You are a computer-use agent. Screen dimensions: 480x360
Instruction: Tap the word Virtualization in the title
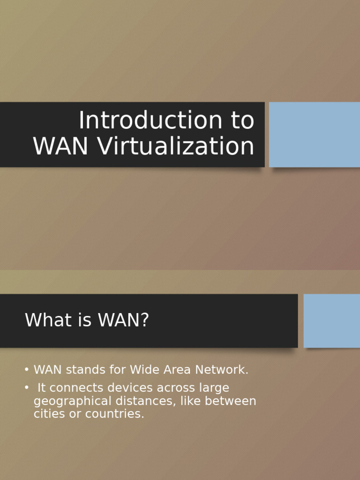coord(176,146)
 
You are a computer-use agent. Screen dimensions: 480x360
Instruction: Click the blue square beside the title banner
coord(314,135)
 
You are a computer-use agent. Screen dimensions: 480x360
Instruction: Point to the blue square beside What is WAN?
coord(331,321)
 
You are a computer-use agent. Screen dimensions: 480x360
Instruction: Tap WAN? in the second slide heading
coord(123,321)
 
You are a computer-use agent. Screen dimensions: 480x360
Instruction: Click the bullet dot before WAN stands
coord(27,370)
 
